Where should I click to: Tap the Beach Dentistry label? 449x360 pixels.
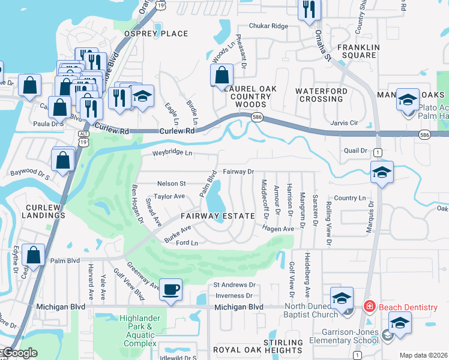408,307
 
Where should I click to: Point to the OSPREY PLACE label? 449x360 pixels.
155,34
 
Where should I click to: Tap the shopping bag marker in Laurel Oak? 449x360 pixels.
222,76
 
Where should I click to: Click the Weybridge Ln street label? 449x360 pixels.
172,153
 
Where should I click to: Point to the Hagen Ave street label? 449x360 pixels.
277,229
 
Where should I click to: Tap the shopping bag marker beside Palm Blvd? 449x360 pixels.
34,254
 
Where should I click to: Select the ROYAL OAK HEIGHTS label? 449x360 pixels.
258,350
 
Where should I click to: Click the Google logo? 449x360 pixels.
20,353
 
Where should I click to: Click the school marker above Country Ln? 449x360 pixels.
382,173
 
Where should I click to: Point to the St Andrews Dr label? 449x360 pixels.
235,284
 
